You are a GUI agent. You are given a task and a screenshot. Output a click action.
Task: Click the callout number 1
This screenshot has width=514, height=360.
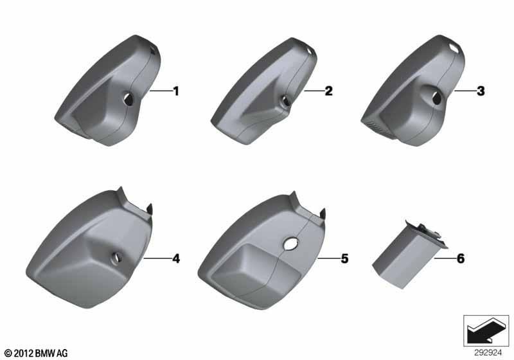[176, 91]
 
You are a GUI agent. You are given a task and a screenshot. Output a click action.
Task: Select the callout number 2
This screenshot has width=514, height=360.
[328, 91]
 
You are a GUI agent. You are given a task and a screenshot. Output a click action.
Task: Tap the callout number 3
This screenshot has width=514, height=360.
[481, 91]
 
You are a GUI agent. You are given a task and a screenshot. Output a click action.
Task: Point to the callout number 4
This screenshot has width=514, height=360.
[176, 258]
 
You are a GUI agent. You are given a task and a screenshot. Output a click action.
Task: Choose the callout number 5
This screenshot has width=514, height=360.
[344, 258]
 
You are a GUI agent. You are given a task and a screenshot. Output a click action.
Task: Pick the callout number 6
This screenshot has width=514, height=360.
[461, 258]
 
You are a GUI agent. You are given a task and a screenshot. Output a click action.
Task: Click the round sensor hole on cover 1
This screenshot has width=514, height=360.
[128, 99]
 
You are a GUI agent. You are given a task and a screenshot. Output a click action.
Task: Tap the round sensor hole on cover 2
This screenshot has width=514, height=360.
[285, 101]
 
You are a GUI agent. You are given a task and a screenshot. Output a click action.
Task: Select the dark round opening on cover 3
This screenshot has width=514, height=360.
[437, 98]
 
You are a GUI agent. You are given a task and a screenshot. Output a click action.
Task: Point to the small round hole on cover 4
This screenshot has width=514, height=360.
[116, 258]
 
